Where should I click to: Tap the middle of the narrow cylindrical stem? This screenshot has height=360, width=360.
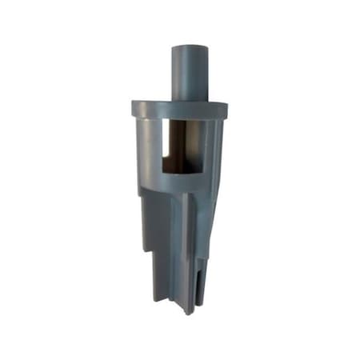[190, 74]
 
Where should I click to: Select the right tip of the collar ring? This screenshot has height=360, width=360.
[226, 108]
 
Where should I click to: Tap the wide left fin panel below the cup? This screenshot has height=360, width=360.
[158, 220]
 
